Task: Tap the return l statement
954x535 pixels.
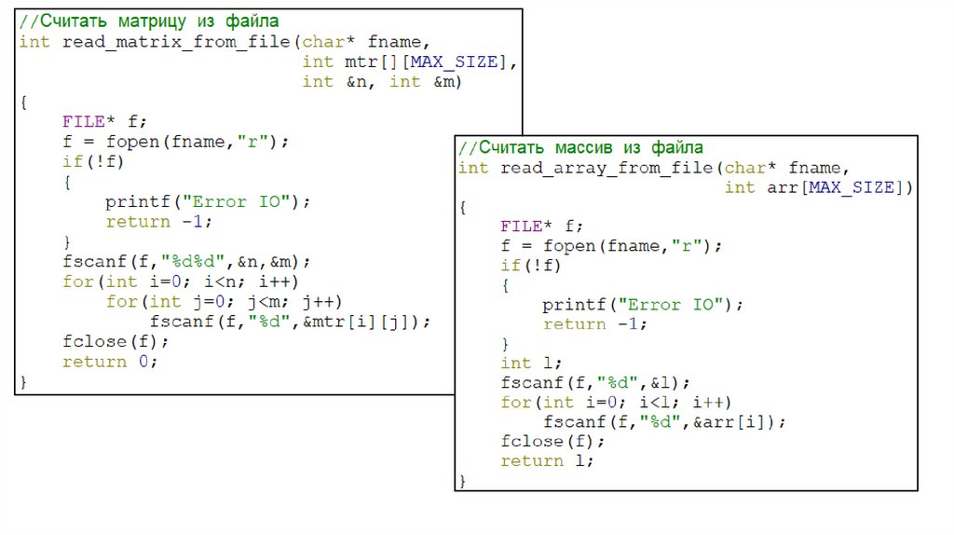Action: (546, 461)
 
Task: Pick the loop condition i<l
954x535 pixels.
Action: (661, 403)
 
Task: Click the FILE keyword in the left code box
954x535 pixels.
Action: (84, 121)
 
